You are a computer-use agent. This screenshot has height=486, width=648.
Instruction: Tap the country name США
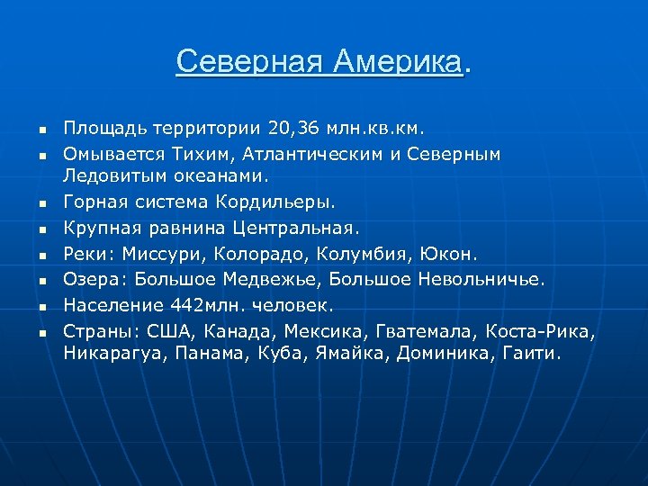166,333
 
